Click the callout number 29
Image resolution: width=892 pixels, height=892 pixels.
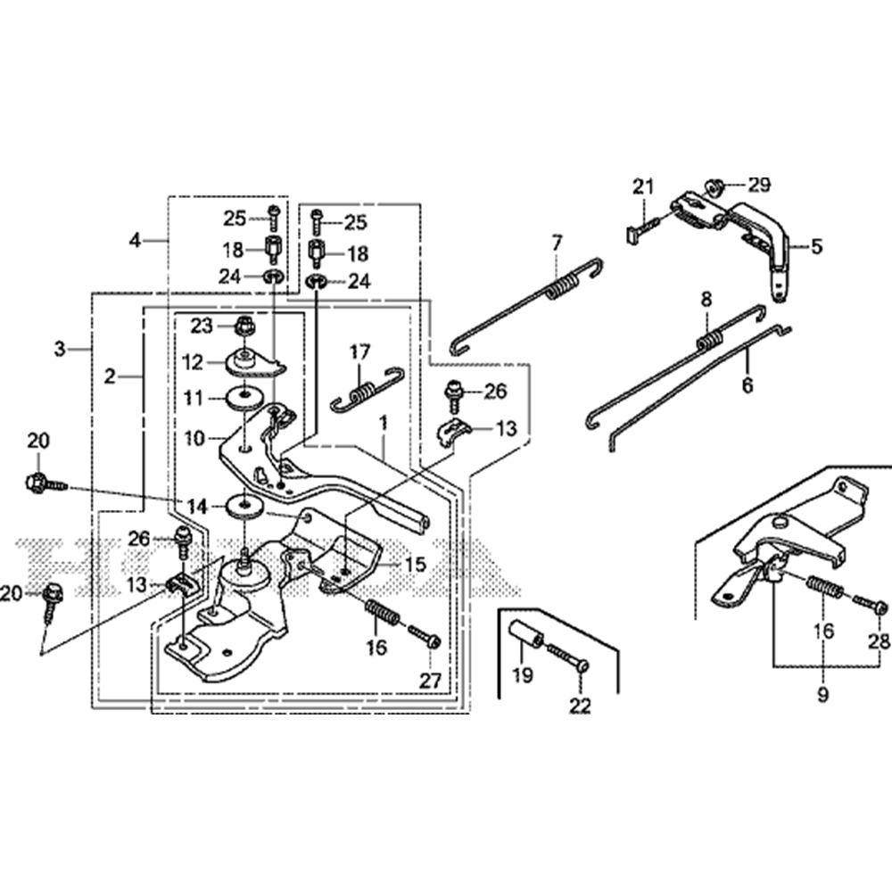[x=758, y=186]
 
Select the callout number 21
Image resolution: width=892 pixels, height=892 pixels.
[x=643, y=186]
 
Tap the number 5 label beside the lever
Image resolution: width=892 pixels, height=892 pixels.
[x=816, y=246]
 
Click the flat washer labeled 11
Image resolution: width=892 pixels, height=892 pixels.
[x=243, y=398]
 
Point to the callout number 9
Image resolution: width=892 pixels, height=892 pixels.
[x=822, y=691]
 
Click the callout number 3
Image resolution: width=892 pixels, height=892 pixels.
[x=60, y=348]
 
